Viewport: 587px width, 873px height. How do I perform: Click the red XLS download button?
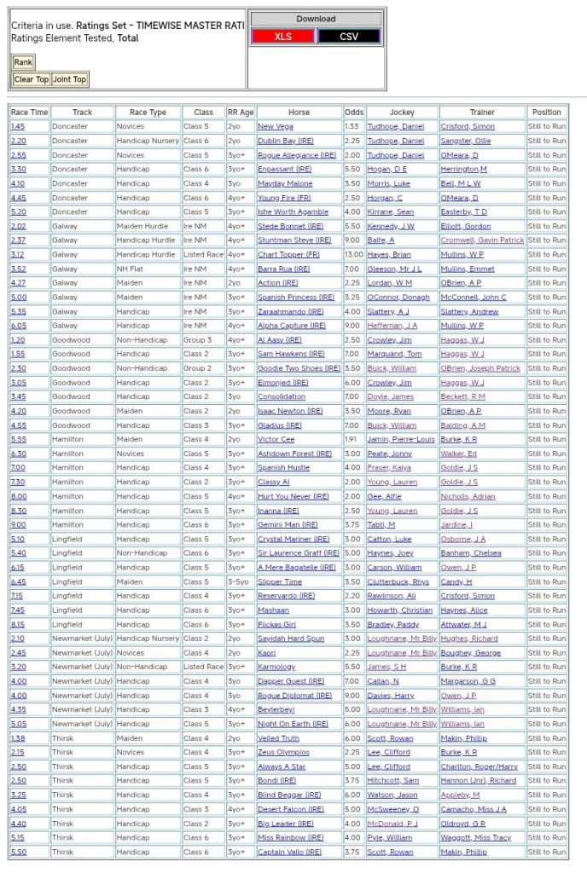pos(282,36)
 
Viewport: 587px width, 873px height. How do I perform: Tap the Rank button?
pos(23,62)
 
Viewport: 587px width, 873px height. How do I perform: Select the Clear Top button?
pos(31,79)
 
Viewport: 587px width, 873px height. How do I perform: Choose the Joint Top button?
pos(69,79)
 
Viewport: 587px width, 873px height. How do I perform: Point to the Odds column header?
pos(354,112)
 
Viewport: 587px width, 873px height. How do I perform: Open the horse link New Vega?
pos(276,126)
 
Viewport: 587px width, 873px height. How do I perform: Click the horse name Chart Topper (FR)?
pos(291,254)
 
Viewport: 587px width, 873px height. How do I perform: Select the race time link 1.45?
pos(17,126)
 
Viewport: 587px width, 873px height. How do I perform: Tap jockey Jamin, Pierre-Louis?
pos(401,439)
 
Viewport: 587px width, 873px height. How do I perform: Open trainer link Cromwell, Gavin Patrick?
pos(482,240)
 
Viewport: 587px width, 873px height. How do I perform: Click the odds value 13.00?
pos(353,254)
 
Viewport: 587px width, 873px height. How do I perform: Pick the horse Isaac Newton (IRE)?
pos(290,411)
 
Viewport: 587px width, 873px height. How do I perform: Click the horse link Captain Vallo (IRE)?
pos(291,852)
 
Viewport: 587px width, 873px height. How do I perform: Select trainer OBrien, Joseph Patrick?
pos(479,368)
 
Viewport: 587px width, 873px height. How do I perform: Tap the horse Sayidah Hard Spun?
pos(291,639)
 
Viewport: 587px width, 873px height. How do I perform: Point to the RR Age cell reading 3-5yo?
pos(240,581)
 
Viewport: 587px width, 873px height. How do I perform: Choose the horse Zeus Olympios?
pos(283,752)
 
